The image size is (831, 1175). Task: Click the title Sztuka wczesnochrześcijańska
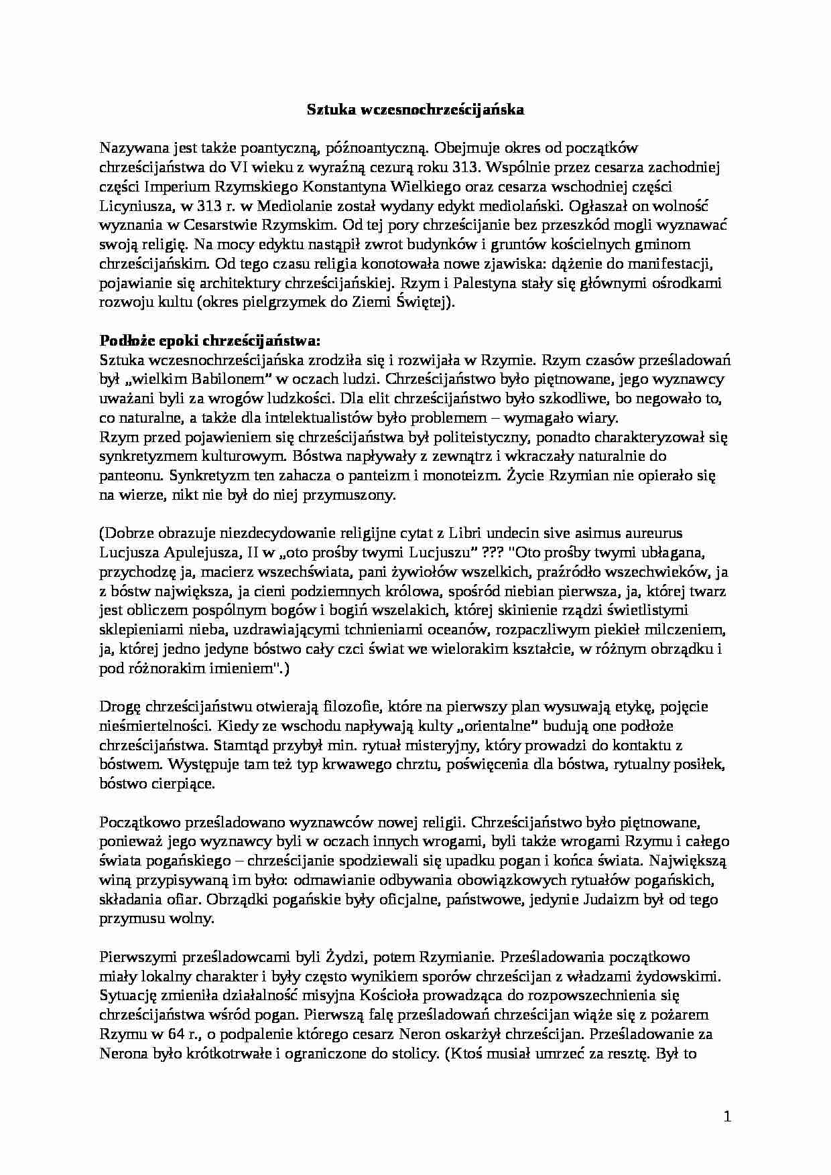(415, 110)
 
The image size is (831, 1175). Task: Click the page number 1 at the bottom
(727, 1117)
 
